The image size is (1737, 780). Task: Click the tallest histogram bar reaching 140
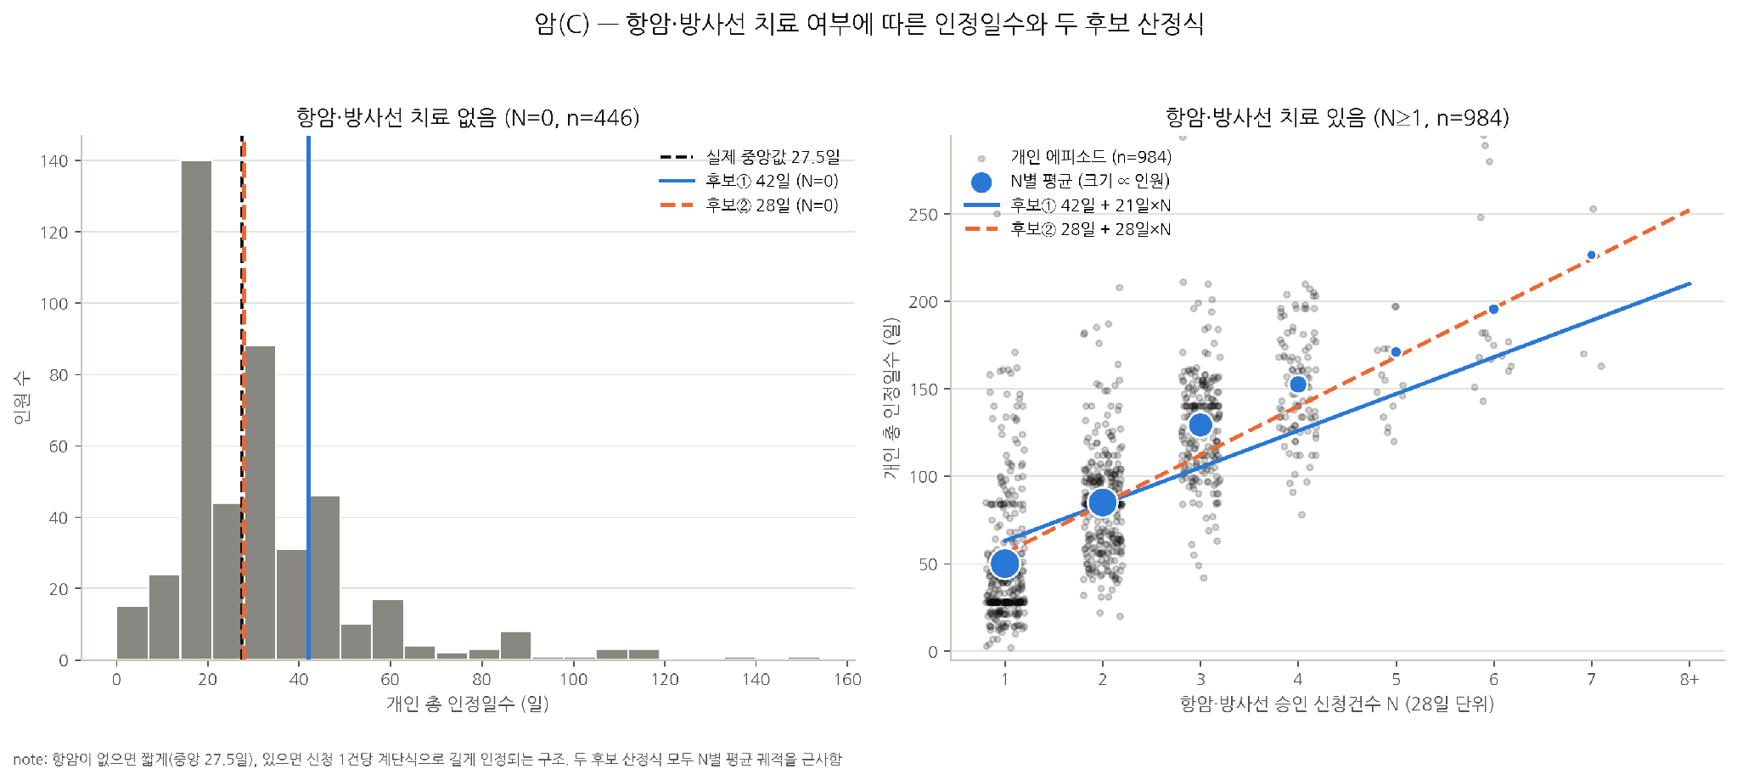coord(196,410)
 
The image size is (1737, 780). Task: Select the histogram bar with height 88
coord(260,502)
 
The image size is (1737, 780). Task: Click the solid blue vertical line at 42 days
coord(308,397)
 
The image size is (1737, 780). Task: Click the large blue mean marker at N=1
coord(1004,564)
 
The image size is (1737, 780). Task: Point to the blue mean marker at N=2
coord(1102,502)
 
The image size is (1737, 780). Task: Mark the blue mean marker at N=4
coord(1297,384)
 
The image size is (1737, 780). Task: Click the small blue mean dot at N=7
coord(1591,255)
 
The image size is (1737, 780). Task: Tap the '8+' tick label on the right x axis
coord(1689,679)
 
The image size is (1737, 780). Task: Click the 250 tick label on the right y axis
coord(923,215)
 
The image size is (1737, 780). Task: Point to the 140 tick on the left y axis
coord(54,161)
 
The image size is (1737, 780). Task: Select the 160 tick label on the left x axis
coord(847,679)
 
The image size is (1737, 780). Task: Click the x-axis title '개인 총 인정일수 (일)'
coord(468,704)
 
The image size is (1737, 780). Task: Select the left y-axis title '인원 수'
coord(22,397)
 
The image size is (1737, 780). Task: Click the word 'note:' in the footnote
coord(30,760)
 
